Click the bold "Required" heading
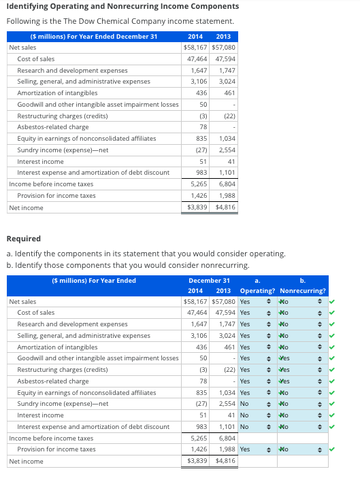click(x=23, y=239)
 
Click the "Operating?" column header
click(x=257, y=291)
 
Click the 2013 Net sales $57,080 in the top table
click(x=223, y=48)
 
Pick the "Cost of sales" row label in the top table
click(x=36, y=59)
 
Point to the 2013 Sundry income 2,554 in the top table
click(x=226, y=150)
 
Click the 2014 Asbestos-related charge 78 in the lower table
click(x=202, y=381)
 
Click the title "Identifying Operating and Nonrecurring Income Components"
click(x=122, y=7)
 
